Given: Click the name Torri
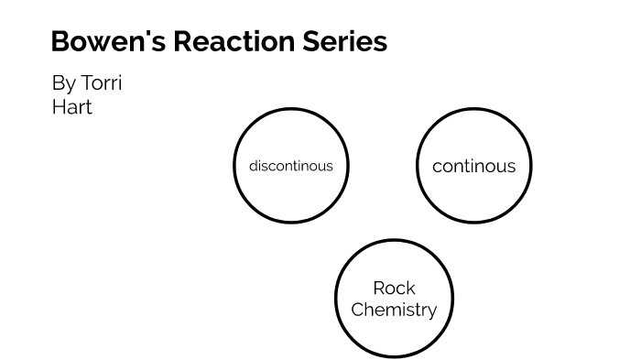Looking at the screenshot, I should click(102, 83).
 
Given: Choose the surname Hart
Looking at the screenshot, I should click(72, 106).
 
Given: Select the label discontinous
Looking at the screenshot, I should click(291, 166).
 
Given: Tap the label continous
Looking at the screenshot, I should click(473, 166).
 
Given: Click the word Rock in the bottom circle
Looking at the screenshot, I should click(394, 288).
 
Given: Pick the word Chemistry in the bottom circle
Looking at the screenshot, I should click(394, 310).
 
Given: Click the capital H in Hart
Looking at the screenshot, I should click(59, 106).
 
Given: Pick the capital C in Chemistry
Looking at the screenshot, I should click(357, 310).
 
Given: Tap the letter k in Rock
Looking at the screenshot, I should click(410, 288).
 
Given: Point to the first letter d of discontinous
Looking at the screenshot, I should click(253, 166).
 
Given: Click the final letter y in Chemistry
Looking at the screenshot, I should click(431, 312).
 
